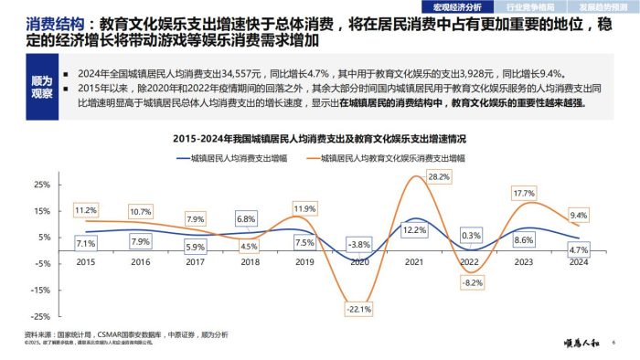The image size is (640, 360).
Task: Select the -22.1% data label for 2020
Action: [x=359, y=309]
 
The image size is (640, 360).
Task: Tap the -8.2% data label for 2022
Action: [x=472, y=283]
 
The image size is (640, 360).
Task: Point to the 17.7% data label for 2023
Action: [x=523, y=194]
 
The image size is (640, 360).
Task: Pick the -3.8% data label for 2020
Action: [x=359, y=244]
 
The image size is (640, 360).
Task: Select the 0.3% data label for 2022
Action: [x=472, y=235]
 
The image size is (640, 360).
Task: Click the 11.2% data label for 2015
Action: [x=86, y=210]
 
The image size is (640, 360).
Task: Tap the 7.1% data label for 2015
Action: [x=86, y=244]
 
